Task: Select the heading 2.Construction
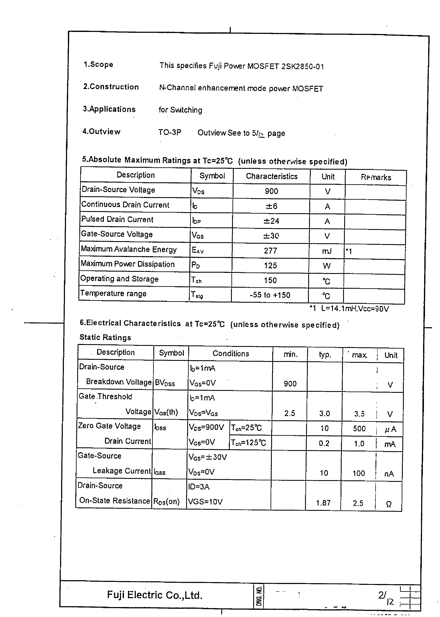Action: [111, 87]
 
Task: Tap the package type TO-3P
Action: [170, 132]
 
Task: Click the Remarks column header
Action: [376, 177]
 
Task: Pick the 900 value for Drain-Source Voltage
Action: [271, 191]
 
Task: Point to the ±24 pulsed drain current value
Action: [271, 221]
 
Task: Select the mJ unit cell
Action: [327, 251]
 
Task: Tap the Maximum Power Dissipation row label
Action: [128, 264]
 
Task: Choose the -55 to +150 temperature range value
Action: [270, 295]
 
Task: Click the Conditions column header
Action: [231, 353]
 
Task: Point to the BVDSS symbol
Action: [165, 383]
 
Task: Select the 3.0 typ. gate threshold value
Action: [324, 414]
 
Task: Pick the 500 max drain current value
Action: [359, 429]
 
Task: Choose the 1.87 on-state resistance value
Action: [323, 503]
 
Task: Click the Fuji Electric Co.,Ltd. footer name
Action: [155, 595]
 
